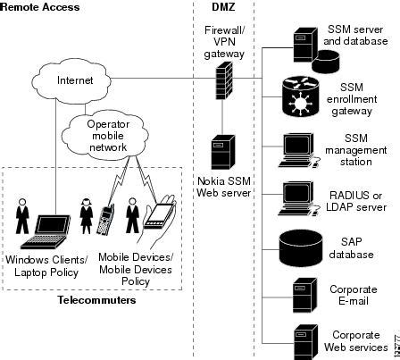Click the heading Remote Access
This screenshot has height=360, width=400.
(x=40, y=7)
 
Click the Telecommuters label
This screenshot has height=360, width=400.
(x=90, y=301)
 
